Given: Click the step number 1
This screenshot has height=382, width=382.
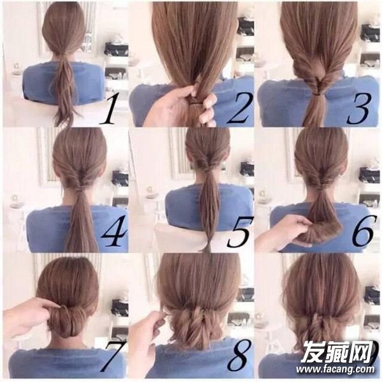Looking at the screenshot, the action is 109,110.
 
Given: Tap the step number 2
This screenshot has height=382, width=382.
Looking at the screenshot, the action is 237,108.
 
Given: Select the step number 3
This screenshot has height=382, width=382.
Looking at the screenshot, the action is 359,109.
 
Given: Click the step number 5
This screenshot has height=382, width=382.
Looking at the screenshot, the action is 238,232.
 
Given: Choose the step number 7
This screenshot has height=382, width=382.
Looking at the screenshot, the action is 113,356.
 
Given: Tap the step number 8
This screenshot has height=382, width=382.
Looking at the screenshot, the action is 239,355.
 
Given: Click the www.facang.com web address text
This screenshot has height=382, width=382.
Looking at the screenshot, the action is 335,369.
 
